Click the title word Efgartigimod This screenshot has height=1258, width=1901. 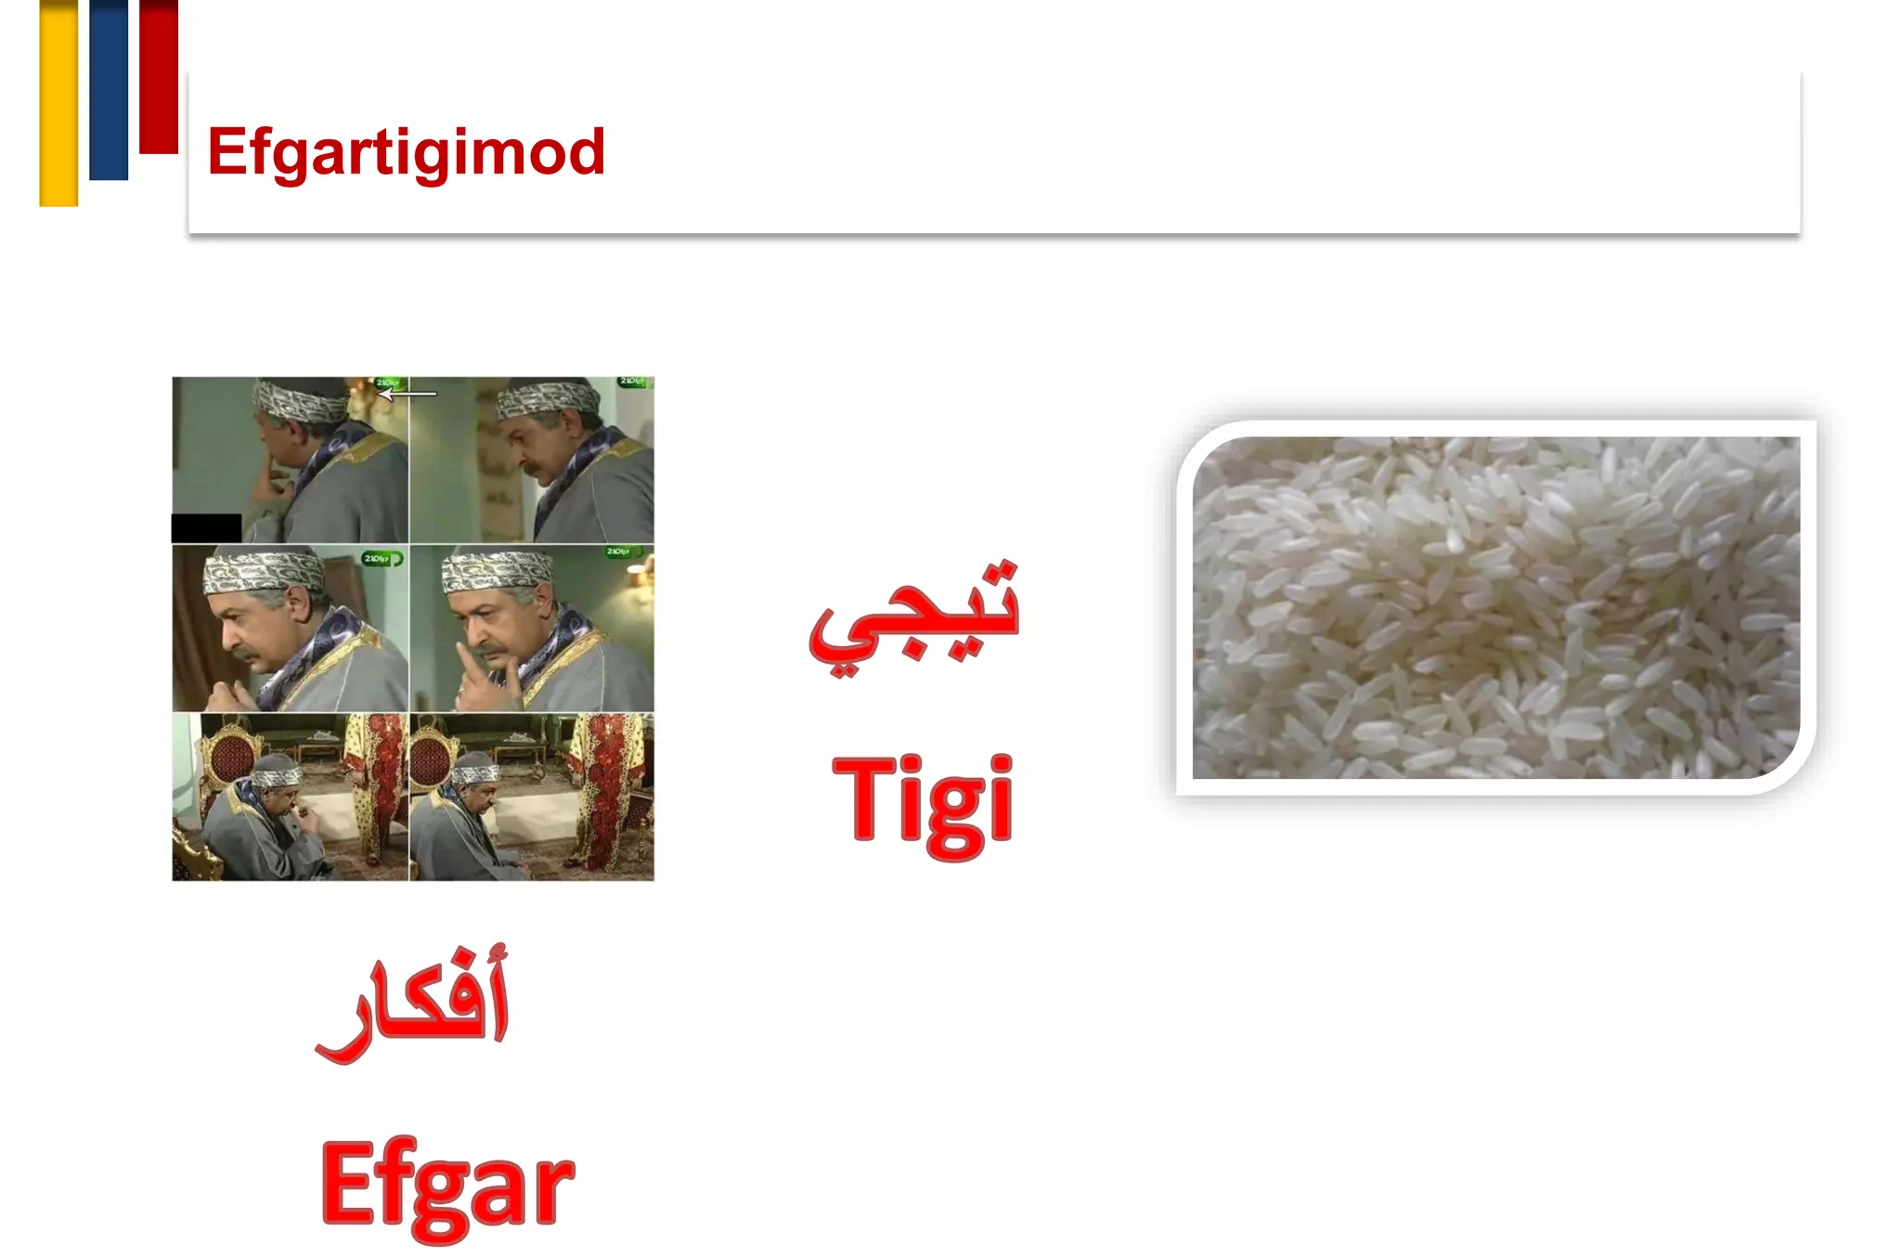point(406,152)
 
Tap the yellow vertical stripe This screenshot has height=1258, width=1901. point(58,102)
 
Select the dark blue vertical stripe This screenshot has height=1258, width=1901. point(109,89)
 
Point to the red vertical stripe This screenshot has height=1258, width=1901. point(159,76)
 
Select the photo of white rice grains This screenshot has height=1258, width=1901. point(1495,607)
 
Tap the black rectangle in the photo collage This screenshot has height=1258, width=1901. point(206,527)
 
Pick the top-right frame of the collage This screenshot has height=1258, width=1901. point(532,460)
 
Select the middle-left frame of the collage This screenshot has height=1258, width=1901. point(290,629)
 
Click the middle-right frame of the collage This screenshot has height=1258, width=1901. point(532,629)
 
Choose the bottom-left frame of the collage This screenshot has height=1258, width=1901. point(290,797)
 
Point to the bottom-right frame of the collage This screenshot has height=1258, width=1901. point(532,797)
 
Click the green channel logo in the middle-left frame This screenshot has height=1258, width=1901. point(381,559)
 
